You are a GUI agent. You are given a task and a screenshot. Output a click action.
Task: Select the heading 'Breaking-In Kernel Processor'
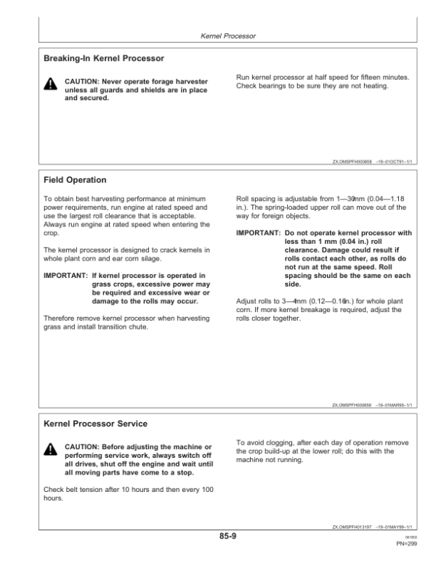pos(103,57)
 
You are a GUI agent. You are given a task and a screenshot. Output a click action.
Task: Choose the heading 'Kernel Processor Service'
pos(95,423)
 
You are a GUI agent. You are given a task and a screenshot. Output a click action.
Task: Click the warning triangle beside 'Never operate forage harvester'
pos(49,85)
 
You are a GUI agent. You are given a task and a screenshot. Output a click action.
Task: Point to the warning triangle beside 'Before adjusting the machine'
pos(49,451)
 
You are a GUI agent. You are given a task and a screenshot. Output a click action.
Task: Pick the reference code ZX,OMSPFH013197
pos(353,527)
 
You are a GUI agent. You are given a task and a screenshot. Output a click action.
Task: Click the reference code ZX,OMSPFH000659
pos(353,405)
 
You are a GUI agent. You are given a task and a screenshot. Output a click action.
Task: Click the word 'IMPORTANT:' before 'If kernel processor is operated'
pos(65,275)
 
